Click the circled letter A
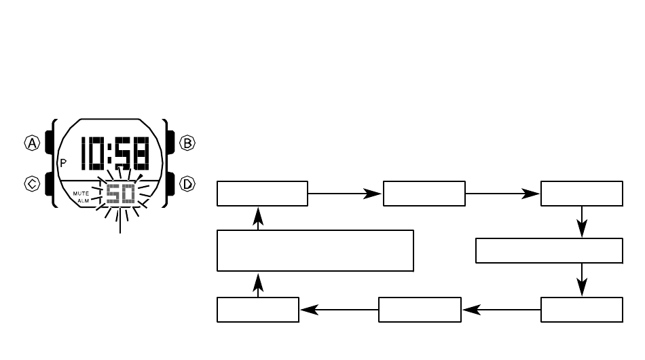tap(32, 143)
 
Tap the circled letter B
tap(187, 143)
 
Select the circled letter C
tap(32, 183)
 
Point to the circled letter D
tap(187, 183)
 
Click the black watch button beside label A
tap(48, 143)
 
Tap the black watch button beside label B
tap(170, 143)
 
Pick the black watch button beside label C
tap(48, 183)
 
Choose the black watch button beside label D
tap(170, 183)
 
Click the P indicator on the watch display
tap(63, 163)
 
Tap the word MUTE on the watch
tap(81, 194)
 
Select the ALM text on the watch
tap(83, 201)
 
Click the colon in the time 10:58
tap(109, 154)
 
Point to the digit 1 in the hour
tap(84, 153)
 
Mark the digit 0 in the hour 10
tap(96, 153)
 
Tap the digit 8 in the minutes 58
tap(141, 153)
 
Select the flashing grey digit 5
tap(113, 194)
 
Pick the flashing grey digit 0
tap(128, 194)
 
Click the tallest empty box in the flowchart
tap(315, 251)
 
